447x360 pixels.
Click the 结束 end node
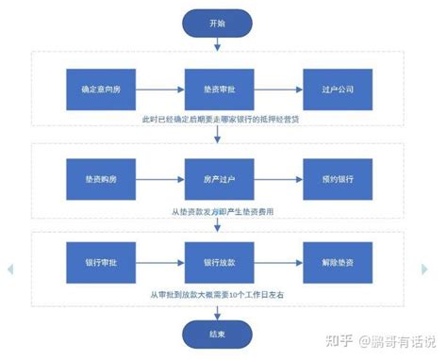coord(218,333)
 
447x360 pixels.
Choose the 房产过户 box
coord(218,178)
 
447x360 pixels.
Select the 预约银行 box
coord(335,178)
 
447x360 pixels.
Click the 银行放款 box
coord(218,262)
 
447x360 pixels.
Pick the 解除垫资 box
coord(335,262)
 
